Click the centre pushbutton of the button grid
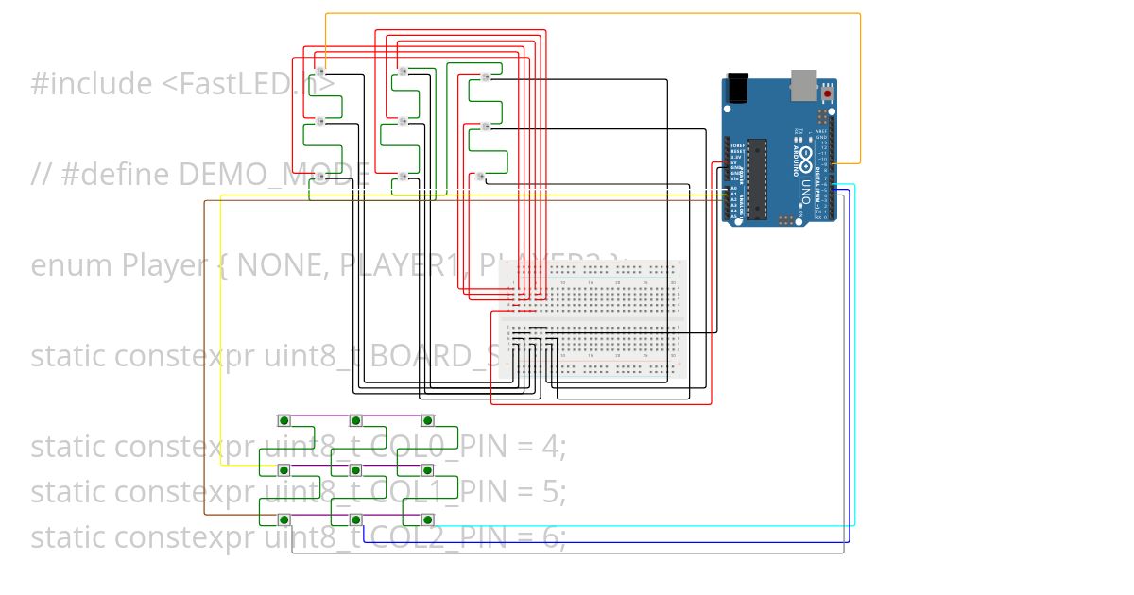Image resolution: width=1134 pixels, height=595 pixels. [355, 469]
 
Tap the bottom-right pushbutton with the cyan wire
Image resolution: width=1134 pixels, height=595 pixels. [427, 518]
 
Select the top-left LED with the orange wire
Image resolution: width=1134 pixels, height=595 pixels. [320, 72]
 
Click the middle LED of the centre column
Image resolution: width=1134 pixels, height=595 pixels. [402, 121]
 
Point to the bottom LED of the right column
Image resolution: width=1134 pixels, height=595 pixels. [480, 176]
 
